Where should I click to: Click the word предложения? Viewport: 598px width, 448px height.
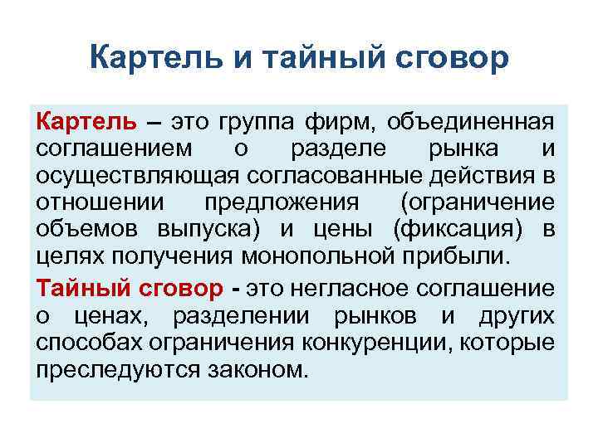[281, 204]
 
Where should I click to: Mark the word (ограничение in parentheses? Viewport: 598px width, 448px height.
[476, 204]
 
